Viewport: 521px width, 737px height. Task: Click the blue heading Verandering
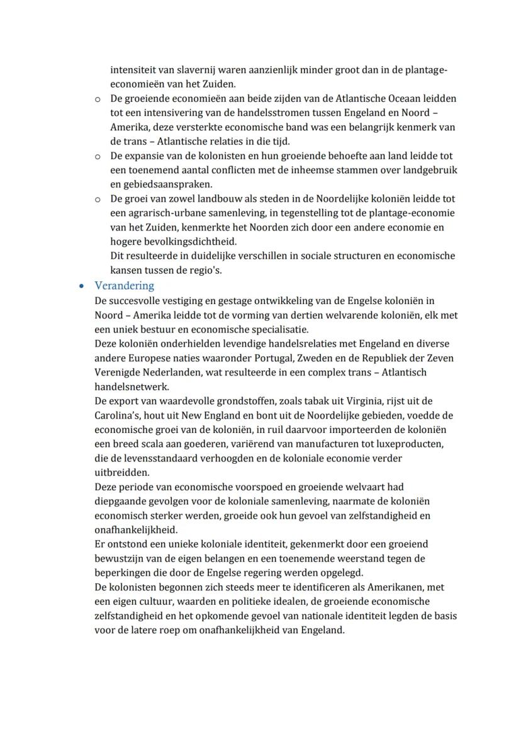pyautogui.click(x=124, y=286)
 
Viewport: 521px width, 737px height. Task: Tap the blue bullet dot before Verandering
pyautogui.click(x=82, y=286)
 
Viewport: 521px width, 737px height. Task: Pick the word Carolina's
pyautogui.click(x=117, y=416)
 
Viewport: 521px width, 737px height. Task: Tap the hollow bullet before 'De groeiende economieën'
pyautogui.click(x=98, y=99)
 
